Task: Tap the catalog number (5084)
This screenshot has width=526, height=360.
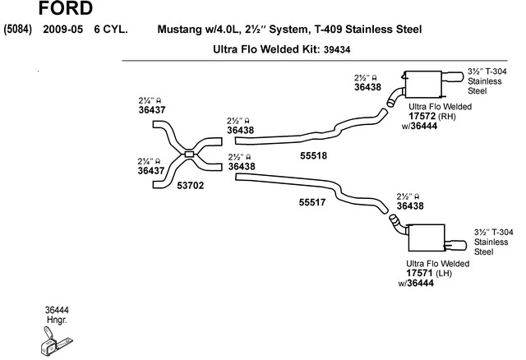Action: coord(18,30)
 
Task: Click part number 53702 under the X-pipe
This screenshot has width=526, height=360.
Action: coord(190,186)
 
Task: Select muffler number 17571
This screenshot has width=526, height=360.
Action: coord(419,273)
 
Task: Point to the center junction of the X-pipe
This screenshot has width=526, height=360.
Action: coord(188,154)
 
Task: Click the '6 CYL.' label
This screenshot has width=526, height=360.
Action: coord(110,30)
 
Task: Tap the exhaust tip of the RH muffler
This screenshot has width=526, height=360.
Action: coord(454,81)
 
